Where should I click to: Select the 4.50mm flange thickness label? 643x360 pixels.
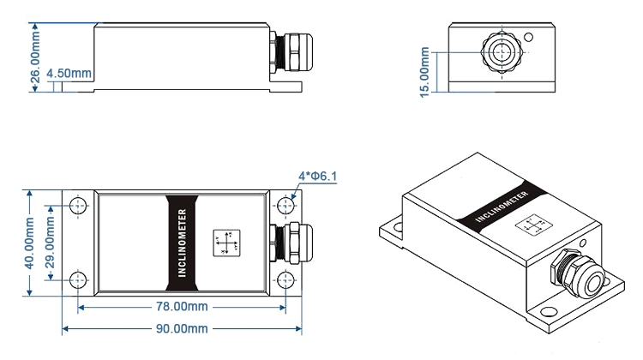coord(70,74)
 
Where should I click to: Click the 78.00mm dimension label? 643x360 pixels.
coord(180,307)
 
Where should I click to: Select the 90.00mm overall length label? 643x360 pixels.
coord(180,328)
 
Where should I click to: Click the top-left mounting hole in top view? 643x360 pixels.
coord(79,206)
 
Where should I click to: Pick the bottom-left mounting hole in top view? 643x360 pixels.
coord(79,279)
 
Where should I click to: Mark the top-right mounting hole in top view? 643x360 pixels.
coord(285,206)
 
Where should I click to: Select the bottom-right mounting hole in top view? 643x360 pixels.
coord(285,279)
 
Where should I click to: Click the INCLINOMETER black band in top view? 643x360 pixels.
coord(181,243)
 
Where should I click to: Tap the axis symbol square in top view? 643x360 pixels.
coord(227,243)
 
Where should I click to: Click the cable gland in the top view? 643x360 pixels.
coord(285,243)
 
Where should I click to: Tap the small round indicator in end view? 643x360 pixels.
coord(530,38)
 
